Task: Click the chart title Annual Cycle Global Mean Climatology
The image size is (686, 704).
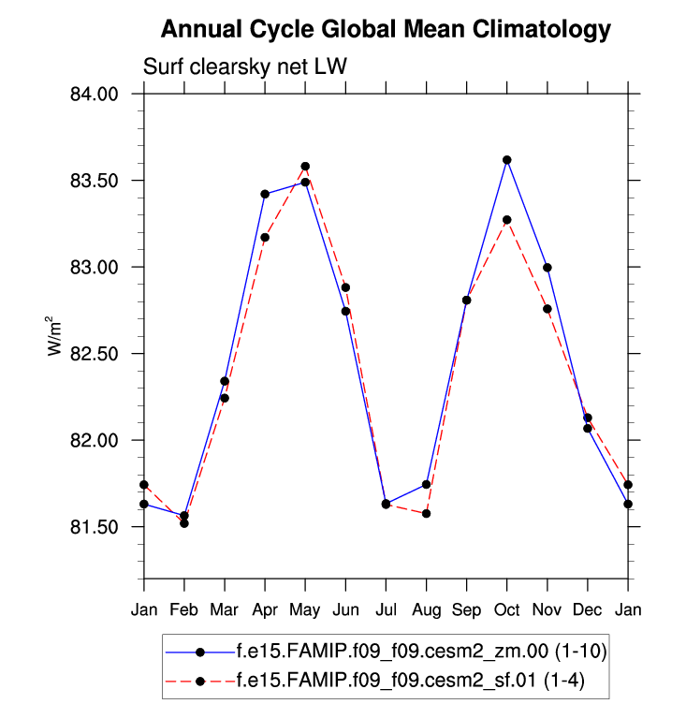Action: click(x=386, y=30)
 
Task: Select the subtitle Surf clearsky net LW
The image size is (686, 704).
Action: click(x=245, y=66)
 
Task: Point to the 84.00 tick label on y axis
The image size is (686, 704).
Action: click(x=94, y=95)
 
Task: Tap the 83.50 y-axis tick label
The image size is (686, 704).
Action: click(x=94, y=181)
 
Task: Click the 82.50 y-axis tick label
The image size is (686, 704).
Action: click(x=94, y=354)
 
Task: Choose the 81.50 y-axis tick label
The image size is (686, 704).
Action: click(x=94, y=527)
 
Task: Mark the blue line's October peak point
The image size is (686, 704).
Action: click(x=507, y=160)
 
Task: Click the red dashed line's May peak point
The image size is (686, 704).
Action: click(x=305, y=167)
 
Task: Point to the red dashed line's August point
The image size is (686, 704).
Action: click(x=427, y=514)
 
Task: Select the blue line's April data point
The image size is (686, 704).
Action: click(x=265, y=194)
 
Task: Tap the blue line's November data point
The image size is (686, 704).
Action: click(x=547, y=268)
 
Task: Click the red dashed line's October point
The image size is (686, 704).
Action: click(x=507, y=220)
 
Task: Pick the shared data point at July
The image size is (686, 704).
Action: click(x=386, y=504)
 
